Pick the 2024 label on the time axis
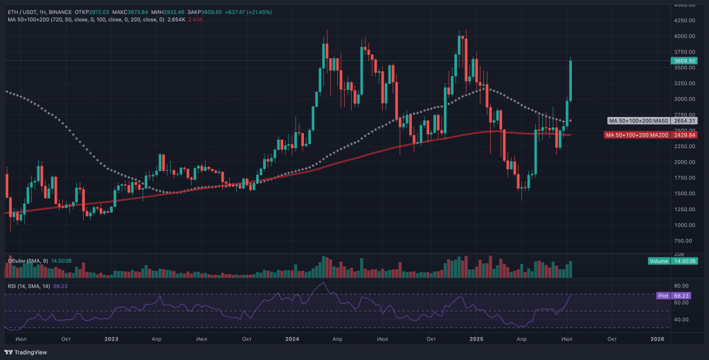tap(291, 339)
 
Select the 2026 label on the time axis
tap(658, 339)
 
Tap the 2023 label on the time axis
tap(111, 339)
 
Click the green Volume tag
tap(658, 261)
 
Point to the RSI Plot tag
tap(663, 295)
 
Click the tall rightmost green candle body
tap(571, 80)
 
